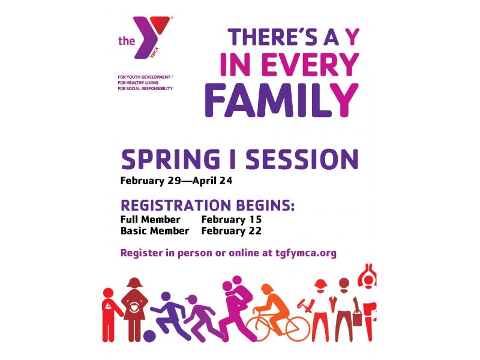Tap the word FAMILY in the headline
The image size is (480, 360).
click(281, 100)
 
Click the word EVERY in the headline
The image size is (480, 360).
click(310, 65)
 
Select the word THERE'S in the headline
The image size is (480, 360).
click(272, 37)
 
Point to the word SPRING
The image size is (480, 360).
click(170, 159)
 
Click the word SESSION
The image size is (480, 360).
click(302, 159)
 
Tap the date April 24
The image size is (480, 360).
click(212, 181)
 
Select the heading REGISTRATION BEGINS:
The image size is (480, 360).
click(208, 205)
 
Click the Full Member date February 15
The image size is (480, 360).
click(232, 220)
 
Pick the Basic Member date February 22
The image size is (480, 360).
click(232, 231)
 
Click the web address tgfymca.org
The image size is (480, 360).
click(306, 253)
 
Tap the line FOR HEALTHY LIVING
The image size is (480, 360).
click(138, 83)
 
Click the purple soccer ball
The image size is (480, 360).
click(149, 335)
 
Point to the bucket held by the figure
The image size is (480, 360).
click(357, 319)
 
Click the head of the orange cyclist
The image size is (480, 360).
click(267, 289)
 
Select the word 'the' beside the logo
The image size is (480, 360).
click(127, 41)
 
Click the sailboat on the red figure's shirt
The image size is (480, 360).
click(108, 307)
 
